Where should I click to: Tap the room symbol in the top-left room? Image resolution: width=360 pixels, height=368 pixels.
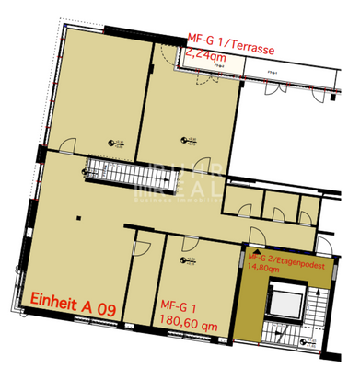116,143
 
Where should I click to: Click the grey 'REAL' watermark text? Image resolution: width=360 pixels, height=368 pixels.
177,190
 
